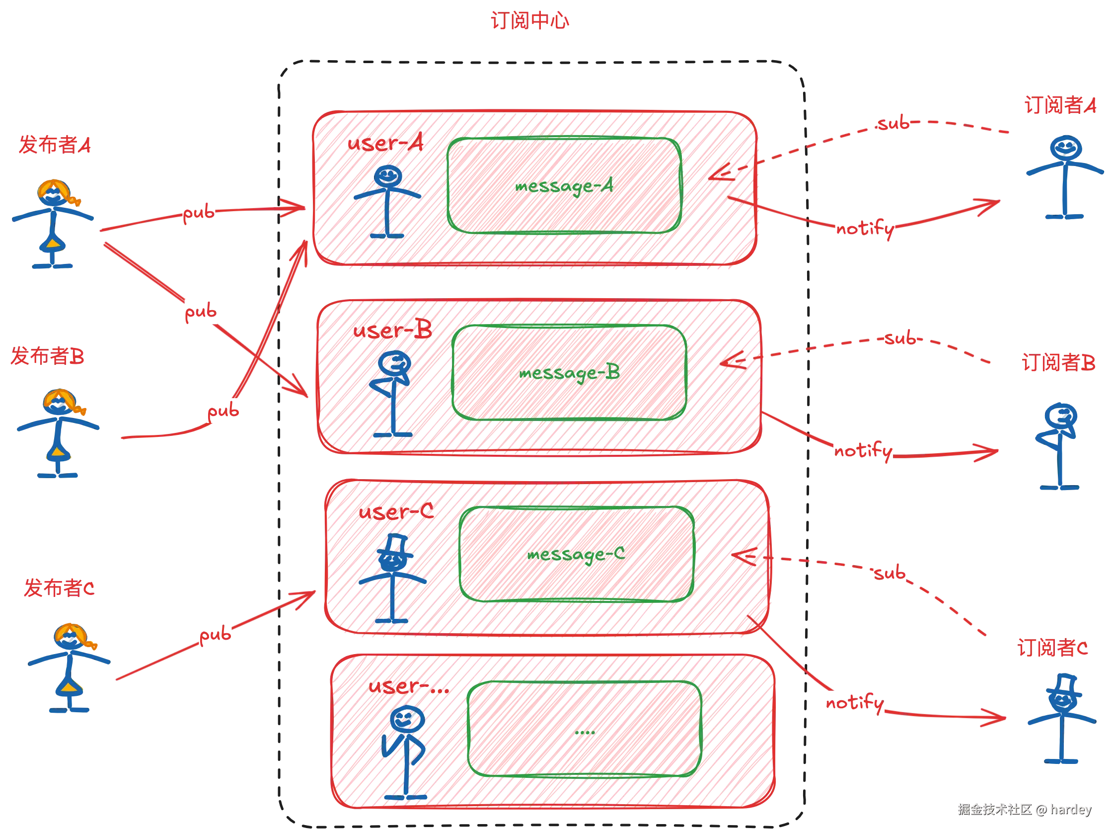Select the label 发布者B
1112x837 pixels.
click(x=47, y=356)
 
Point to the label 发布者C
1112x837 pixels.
click(x=59, y=588)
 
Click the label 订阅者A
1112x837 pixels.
click(x=1060, y=106)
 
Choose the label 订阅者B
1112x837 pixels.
click(x=1058, y=363)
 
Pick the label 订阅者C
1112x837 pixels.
click(x=1053, y=648)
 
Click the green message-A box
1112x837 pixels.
click(x=564, y=185)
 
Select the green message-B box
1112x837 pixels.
click(x=569, y=373)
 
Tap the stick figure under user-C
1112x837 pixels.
click(x=394, y=579)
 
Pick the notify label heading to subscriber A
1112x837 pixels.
click(x=865, y=229)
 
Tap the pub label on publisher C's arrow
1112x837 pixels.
click(x=216, y=634)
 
